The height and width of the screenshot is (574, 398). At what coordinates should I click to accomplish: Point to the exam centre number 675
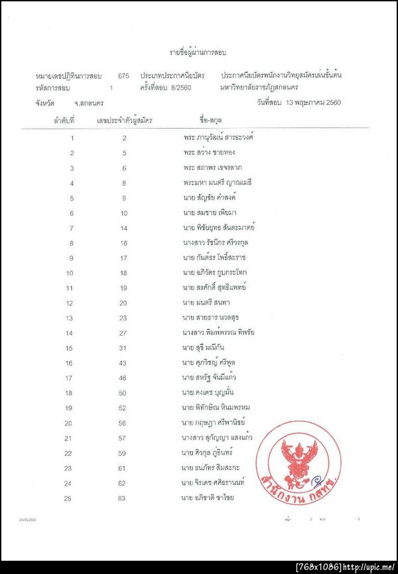click(123, 76)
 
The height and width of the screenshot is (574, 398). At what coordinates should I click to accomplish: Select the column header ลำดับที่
click(63, 121)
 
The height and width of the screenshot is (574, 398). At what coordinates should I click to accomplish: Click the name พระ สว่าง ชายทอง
click(211, 153)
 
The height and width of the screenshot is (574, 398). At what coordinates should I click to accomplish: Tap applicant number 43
click(123, 362)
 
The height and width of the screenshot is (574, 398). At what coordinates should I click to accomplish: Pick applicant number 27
click(123, 332)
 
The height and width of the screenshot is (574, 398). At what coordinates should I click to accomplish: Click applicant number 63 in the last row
click(123, 497)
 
